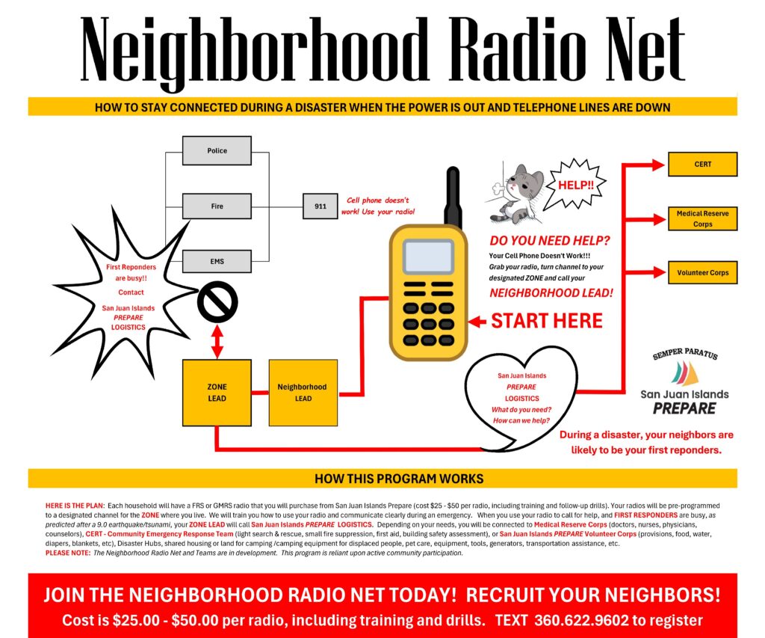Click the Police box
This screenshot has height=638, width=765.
(x=217, y=150)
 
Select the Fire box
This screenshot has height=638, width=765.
(x=217, y=206)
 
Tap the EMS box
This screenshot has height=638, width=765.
(x=217, y=261)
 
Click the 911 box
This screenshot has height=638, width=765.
(x=320, y=206)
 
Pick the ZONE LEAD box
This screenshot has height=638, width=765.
(x=217, y=393)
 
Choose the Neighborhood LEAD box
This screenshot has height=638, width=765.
(x=303, y=393)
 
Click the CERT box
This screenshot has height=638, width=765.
(x=702, y=164)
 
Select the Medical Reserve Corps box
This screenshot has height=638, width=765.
(x=702, y=218)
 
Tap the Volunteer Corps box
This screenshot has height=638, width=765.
(x=702, y=273)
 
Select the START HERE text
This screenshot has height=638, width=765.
(x=546, y=322)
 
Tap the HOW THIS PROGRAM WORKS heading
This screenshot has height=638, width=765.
(x=398, y=479)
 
